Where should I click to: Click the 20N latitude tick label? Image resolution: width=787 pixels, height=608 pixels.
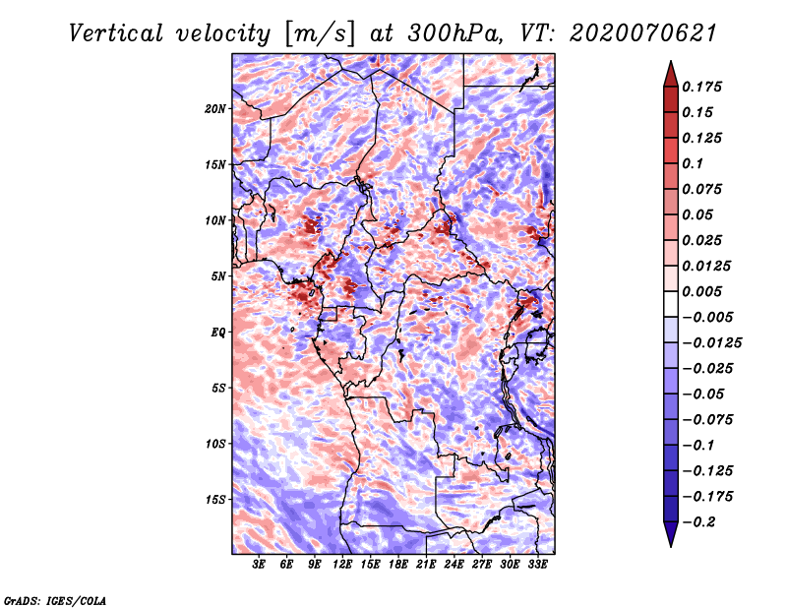215,109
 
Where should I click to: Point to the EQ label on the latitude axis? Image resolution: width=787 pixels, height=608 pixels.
218,333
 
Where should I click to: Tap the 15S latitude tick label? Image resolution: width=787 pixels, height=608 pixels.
215,500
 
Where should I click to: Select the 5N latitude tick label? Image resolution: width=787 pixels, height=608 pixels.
218,276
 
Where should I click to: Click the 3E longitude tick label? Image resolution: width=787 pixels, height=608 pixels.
259,565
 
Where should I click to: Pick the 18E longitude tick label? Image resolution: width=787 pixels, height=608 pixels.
398,565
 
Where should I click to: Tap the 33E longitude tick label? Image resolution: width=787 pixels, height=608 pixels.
537,565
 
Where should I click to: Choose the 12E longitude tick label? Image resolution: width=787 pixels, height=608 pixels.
342,565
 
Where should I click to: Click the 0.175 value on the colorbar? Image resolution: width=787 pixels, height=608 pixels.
701,87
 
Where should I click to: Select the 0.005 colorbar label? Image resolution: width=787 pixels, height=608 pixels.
701,291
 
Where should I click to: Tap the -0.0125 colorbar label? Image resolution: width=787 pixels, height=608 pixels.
711,343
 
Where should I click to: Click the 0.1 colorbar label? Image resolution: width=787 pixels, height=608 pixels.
693,163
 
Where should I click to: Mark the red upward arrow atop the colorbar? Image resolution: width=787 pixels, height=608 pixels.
671,74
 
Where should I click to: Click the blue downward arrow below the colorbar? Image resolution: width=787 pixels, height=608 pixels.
671,534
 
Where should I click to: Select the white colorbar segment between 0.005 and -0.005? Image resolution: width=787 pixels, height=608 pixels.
671,304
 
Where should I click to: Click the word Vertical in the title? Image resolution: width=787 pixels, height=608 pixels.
116,33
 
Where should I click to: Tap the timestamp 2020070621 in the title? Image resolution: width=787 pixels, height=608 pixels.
643,33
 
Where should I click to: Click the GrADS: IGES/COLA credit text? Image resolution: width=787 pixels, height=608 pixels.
55,600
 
